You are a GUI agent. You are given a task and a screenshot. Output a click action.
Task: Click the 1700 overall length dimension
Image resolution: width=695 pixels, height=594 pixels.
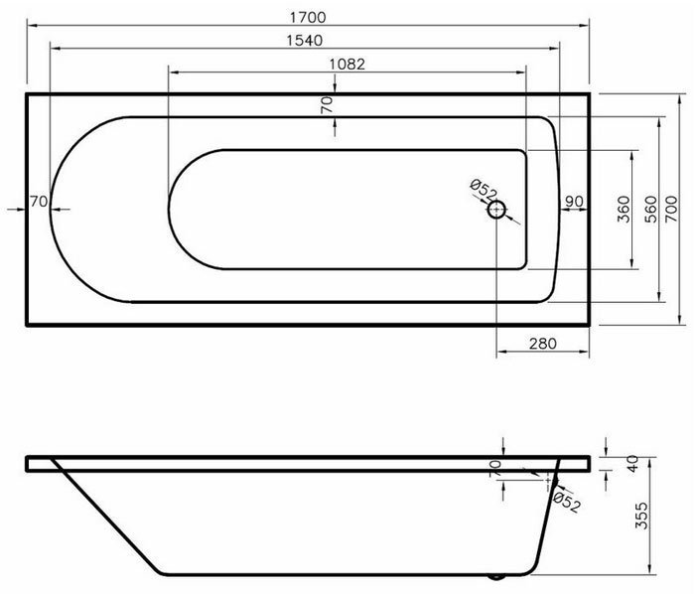pyautogui.click(x=308, y=18)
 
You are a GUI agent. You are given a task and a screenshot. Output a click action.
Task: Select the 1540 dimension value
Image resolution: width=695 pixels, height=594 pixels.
pyautogui.click(x=308, y=42)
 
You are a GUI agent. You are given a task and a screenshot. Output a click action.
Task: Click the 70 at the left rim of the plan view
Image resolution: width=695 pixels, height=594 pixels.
pyautogui.click(x=39, y=202)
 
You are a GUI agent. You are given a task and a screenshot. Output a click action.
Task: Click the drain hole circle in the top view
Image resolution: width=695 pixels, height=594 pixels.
pyautogui.click(x=496, y=210)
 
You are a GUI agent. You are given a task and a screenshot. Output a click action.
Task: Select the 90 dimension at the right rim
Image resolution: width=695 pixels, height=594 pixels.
pyautogui.click(x=573, y=202)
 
